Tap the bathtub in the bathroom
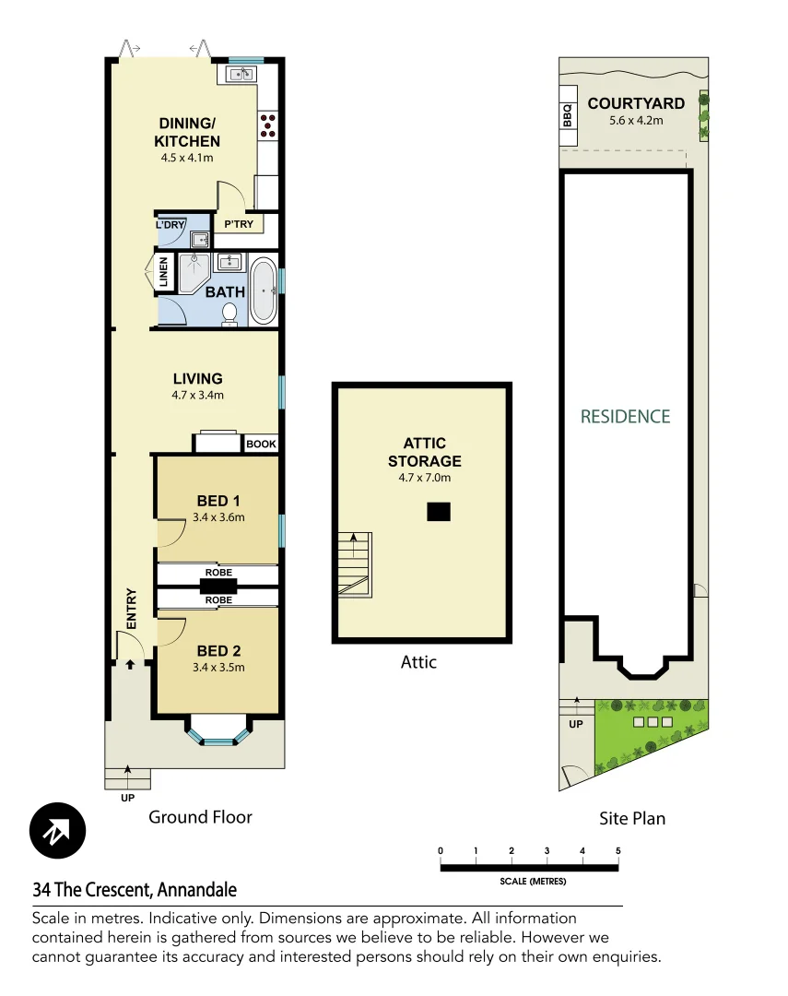point(263,291)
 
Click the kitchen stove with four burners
point(268,125)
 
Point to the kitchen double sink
point(241,75)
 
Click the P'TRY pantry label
point(239,224)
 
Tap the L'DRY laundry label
point(171,224)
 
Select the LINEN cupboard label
point(164,273)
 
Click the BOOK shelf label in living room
point(261,444)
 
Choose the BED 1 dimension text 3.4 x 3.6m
point(218,517)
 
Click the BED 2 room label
point(218,651)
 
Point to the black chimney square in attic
point(439,512)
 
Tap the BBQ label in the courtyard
point(568,115)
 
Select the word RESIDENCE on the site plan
point(625,417)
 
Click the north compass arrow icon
point(57,832)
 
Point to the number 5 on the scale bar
point(617,850)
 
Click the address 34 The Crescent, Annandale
point(135,890)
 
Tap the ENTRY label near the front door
point(131,609)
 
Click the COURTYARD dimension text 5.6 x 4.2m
point(636,120)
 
